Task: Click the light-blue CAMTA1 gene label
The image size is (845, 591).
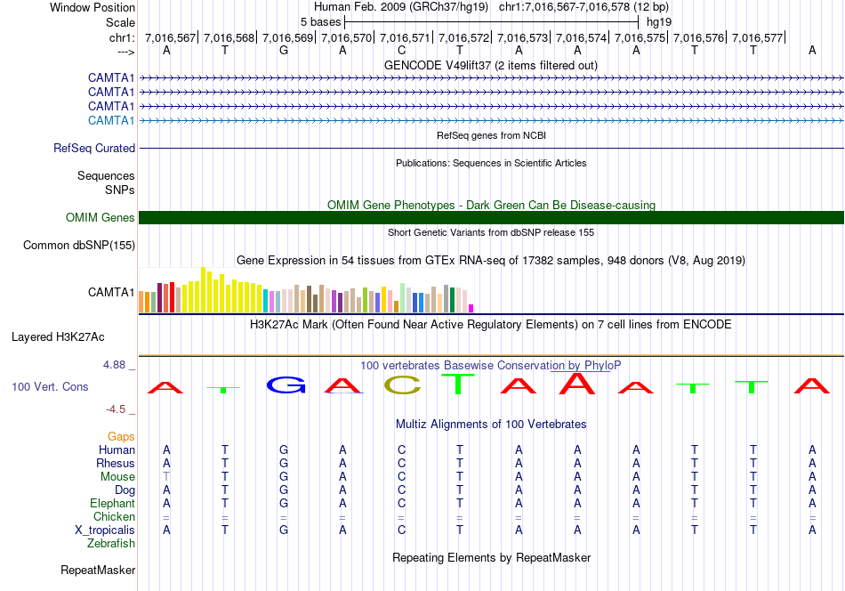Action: (111, 120)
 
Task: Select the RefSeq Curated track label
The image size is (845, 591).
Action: (94, 148)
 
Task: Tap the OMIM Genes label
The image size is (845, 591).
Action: (101, 217)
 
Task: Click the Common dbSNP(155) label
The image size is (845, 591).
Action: (79, 246)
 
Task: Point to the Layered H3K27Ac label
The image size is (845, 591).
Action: (58, 337)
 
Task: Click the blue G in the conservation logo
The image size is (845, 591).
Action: (286, 385)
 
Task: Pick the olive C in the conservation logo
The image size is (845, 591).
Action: (403, 385)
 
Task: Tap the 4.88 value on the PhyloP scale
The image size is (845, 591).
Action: (114, 365)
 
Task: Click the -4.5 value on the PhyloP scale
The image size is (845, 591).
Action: (116, 409)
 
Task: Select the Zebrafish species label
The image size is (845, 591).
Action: (111, 544)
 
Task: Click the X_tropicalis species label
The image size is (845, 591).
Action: (105, 530)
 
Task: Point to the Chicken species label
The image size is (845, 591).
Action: (114, 516)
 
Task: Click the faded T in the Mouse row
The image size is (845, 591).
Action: (166, 477)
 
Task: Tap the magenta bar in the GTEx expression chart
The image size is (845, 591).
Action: (471, 309)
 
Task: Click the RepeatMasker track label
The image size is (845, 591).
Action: (98, 570)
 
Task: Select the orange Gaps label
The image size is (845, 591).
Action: (121, 436)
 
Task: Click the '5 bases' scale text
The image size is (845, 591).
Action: (320, 22)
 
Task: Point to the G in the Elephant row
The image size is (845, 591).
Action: (284, 504)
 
